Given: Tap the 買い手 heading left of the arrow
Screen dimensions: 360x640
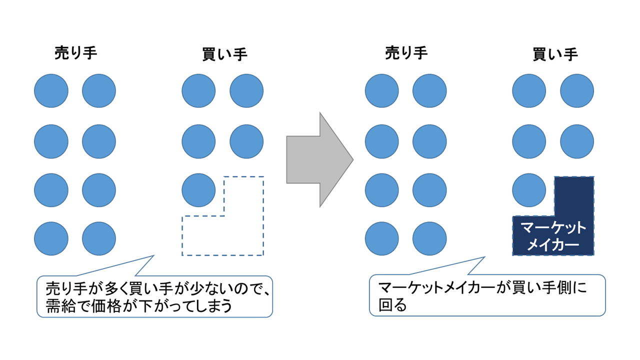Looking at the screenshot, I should tap(224, 53).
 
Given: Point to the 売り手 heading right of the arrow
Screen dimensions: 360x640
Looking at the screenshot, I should tap(406, 53).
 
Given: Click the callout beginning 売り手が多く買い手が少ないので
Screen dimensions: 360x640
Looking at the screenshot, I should tap(154, 296).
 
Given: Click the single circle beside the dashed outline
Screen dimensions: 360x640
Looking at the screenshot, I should tap(198, 190).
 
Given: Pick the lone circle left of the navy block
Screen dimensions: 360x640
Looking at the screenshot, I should tap(529, 190).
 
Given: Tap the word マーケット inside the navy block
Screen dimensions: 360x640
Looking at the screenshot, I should tap(553, 228).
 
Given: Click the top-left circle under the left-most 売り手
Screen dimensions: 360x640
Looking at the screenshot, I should tap(51, 91).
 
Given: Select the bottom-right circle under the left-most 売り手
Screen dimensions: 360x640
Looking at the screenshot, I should tap(99, 239).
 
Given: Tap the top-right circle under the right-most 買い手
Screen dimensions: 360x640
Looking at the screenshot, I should tap(577, 91).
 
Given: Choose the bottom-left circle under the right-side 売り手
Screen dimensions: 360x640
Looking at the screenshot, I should tap(382, 239).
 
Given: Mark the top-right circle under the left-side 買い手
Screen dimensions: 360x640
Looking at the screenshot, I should tap(246, 91).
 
